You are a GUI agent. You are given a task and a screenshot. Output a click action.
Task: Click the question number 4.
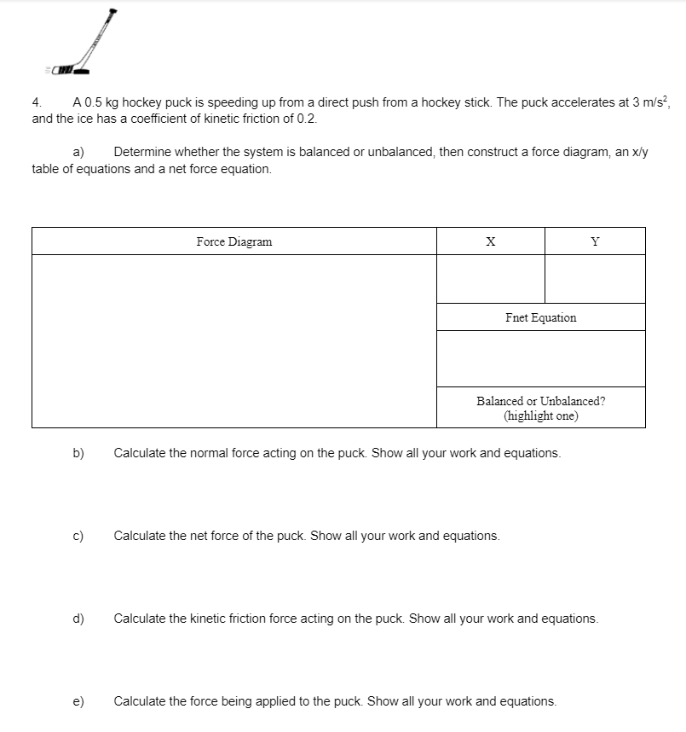[37, 102]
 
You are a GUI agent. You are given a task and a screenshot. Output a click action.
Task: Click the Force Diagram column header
[234, 241]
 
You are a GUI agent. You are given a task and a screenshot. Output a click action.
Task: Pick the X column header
[490, 241]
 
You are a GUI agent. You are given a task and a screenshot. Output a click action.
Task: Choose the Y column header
[595, 241]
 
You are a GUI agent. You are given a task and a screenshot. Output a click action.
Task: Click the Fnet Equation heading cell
[540, 317]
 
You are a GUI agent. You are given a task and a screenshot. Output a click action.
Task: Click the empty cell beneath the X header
[490, 278]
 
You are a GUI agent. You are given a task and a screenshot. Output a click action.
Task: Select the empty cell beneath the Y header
[595, 278]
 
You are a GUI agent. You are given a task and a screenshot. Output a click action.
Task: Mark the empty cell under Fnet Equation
[540, 358]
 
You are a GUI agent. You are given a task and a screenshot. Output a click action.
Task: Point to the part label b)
[78, 453]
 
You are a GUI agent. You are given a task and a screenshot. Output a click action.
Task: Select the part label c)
[78, 536]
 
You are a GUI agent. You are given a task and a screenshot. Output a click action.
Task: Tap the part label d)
[78, 618]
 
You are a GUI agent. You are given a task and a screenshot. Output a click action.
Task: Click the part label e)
[78, 701]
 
